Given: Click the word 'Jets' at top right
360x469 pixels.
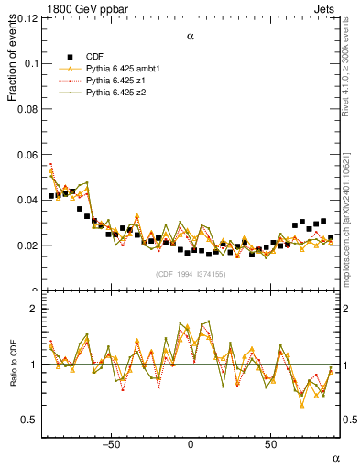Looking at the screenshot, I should click(328, 7).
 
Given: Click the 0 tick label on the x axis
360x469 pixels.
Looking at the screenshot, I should click(191, 445).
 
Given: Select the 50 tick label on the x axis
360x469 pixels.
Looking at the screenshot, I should click(270, 445).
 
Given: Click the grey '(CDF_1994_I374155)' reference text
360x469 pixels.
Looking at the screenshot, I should click(190, 275).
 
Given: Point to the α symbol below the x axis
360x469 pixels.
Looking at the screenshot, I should click(334, 457).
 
